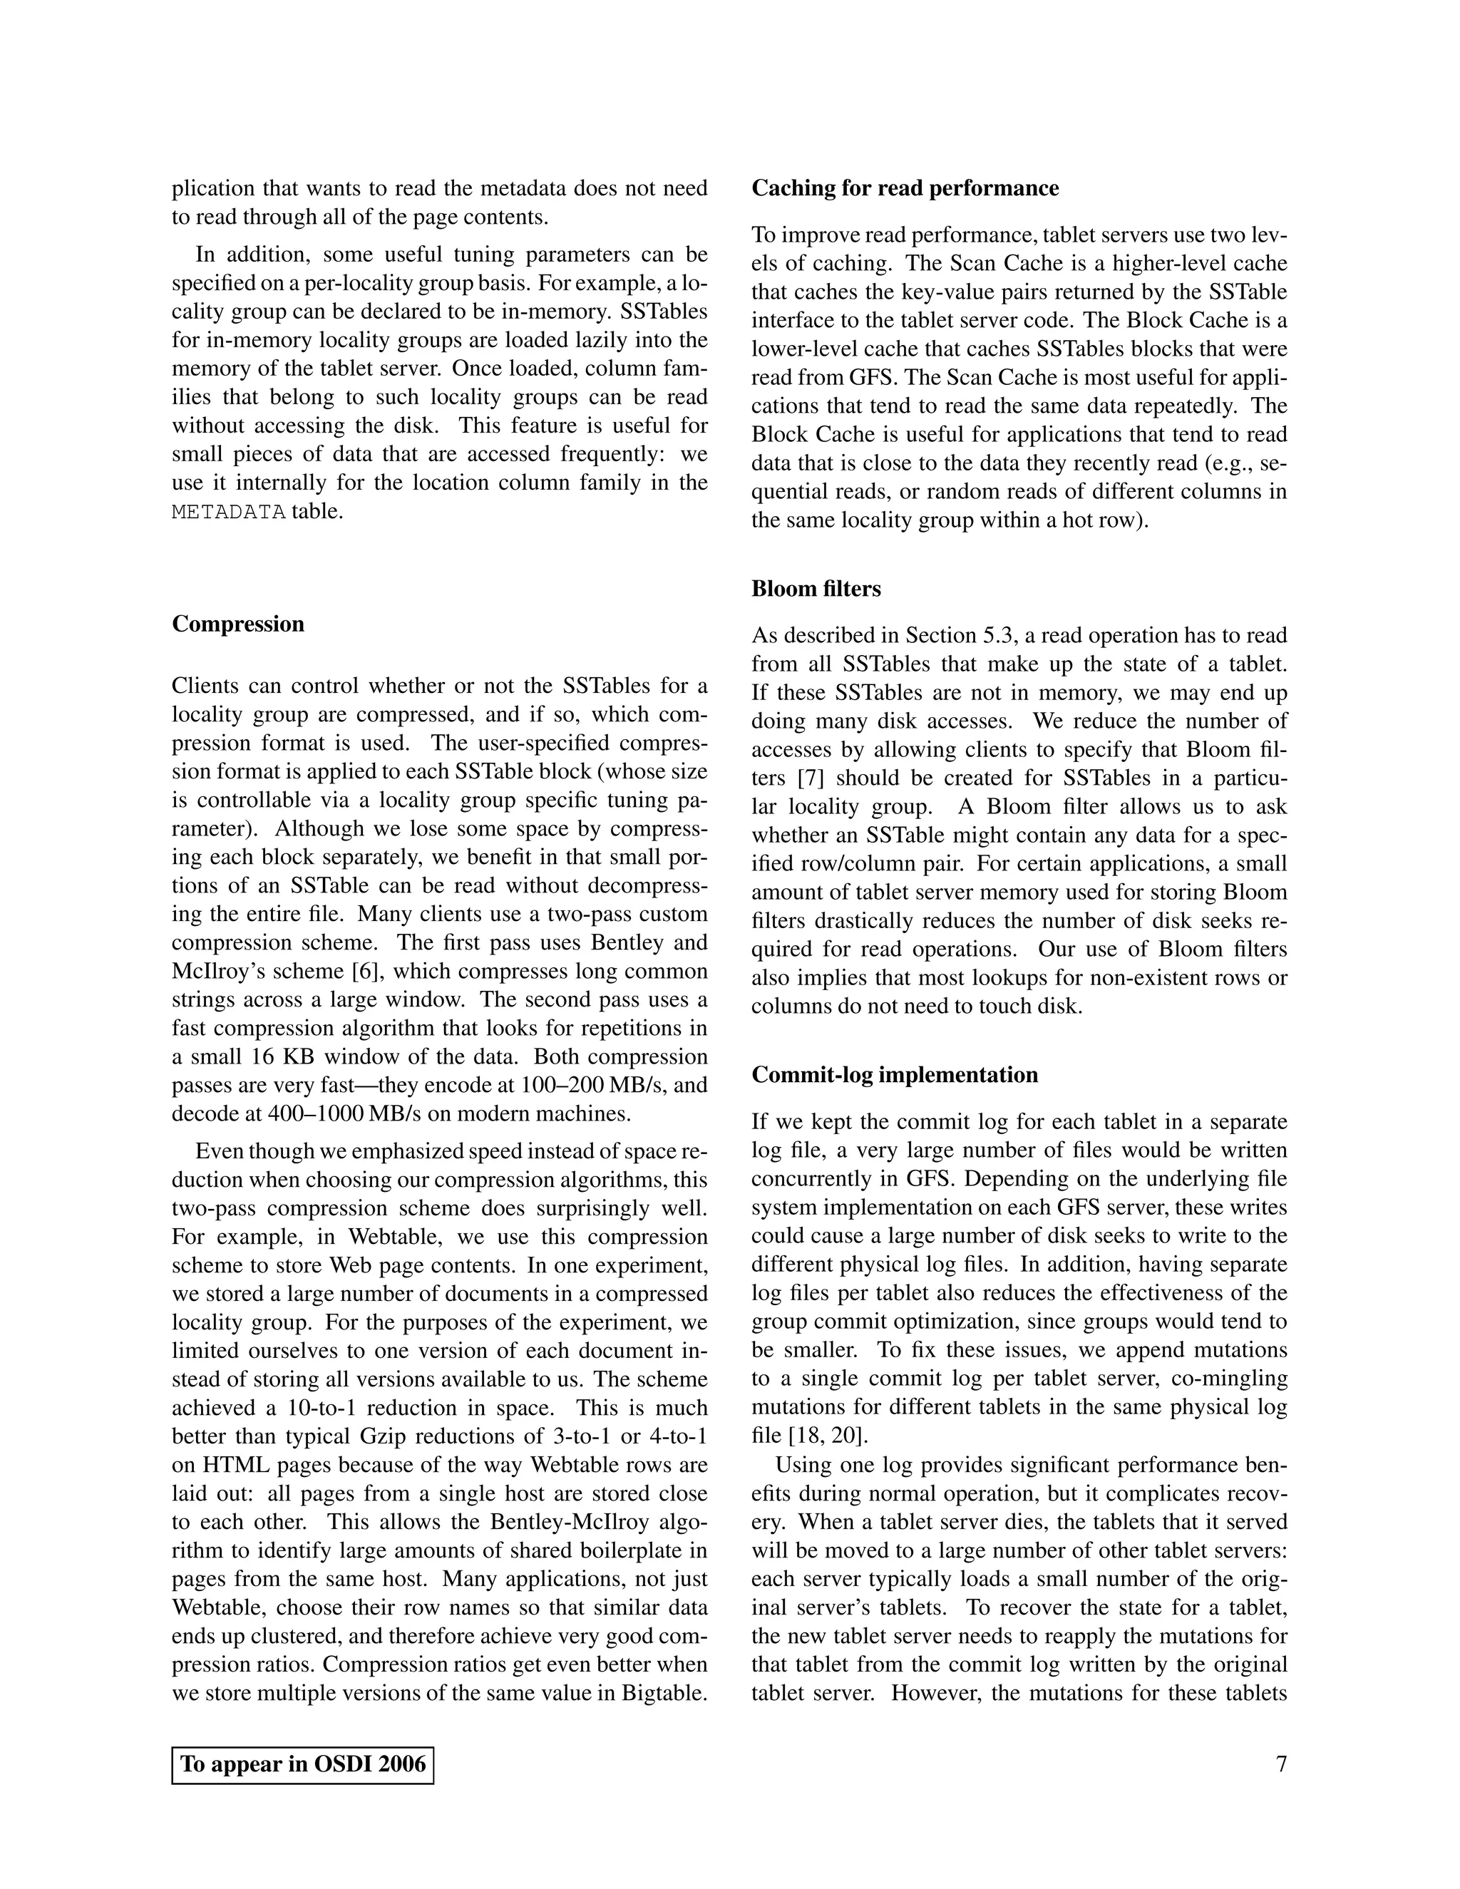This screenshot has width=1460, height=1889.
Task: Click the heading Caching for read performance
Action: coord(905,189)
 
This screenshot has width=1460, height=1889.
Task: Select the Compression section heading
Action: coord(238,624)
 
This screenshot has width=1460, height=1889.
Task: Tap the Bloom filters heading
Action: coord(816,589)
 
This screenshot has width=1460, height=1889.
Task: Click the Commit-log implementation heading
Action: coord(895,1075)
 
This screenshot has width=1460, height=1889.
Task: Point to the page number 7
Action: coord(1281,1764)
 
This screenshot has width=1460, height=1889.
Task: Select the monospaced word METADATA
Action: coord(228,512)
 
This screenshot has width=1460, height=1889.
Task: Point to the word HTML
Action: coord(232,1465)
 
